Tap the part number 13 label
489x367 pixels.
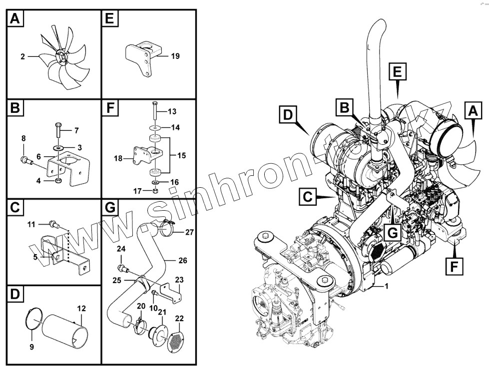172,111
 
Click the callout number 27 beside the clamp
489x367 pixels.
189,232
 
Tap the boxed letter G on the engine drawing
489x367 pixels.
393,232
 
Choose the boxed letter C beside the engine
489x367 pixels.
308,197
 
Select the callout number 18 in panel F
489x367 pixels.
118,159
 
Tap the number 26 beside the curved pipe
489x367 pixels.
183,260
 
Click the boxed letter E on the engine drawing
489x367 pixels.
396,72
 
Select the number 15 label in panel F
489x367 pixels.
181,155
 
